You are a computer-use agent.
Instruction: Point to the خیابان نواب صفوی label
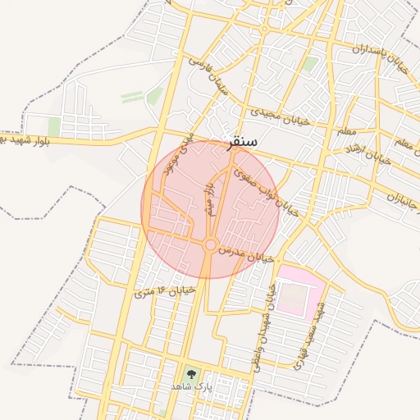pyautogui.click(x=264, y=189)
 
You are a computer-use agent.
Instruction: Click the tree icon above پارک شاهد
pyautogui.click(x=191, y=372)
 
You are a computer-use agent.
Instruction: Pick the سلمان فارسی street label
pyautogui.click(x=208, y=75)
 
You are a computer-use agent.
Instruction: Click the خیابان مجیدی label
pyautogui.click(x=280, y=119)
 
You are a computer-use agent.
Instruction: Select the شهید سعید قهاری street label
pyautogui.click(x=311, y=332)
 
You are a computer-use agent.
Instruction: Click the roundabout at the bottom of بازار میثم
pyautogui.click(x=210, y=244)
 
